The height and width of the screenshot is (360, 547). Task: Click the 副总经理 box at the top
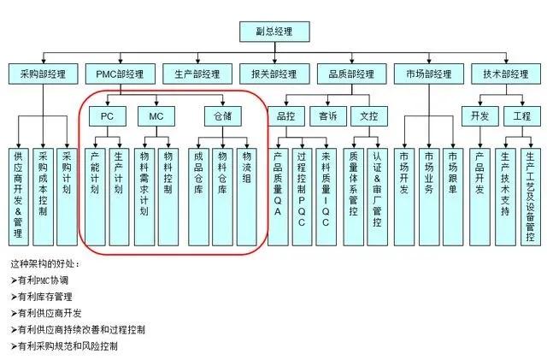point(273,32)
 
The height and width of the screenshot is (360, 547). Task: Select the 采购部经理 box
point(42,74)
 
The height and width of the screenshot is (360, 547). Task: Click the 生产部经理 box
point(196,74)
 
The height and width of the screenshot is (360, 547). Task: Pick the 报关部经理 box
point(273,74)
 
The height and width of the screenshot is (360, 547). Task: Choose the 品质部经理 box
point(350,74)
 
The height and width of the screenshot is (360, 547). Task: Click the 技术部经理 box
point(506,74)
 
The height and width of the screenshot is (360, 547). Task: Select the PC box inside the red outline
point(107,115)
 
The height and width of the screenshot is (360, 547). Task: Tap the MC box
point(156,115)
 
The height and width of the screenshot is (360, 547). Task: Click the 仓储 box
point(222,115)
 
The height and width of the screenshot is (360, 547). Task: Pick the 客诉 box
point(328,115)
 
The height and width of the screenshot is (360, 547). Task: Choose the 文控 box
point(369,115)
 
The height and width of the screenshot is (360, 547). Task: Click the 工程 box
point(521,115)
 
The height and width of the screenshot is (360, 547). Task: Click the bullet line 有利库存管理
point(45,297)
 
